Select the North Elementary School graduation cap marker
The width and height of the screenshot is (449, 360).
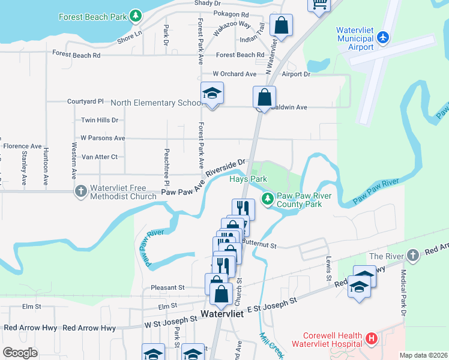(x=211, y=94)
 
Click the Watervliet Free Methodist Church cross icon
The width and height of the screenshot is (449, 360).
(x=81, y=191)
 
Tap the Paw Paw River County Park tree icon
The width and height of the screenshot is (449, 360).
(x=267, y=197)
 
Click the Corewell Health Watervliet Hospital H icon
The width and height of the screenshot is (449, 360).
(x=372, y=339)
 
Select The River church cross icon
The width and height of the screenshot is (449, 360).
(x=412, y=256)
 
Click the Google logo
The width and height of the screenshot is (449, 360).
(x=20, y=353)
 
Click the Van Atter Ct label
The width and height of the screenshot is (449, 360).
(x=99, y=157)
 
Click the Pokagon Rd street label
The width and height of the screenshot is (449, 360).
(x=231, y=14)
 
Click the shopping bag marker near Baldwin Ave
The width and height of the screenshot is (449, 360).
(x=264, y=96)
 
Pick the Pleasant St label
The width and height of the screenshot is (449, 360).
(x=167, y=287)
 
